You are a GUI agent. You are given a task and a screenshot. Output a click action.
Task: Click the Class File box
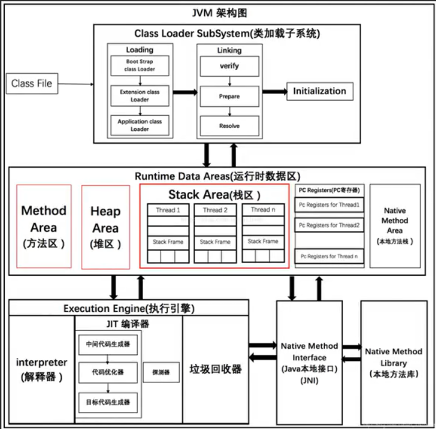click(32, 83)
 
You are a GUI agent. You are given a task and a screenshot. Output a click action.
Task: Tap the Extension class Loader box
click(139, 95)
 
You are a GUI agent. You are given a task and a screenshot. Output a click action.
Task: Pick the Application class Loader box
click(139, 125)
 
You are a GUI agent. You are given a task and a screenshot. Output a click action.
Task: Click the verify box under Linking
click(229, 66)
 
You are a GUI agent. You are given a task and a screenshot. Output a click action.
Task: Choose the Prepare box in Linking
click(229, 96)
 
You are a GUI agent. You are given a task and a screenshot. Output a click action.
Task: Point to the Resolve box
click(229, 126)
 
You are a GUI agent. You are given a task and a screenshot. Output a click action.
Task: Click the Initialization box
click(319, 91)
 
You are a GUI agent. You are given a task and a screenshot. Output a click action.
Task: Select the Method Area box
click(43, 226)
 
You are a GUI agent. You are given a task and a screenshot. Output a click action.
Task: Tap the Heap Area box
click(106, 226)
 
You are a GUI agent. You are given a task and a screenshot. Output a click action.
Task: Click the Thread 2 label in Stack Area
click(215, 210)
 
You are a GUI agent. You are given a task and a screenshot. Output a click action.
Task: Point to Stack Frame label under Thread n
click(263, 241)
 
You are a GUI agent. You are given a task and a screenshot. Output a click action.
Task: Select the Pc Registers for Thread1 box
click(330, 205)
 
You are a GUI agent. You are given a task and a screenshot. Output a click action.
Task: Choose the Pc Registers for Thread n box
click(330, 256)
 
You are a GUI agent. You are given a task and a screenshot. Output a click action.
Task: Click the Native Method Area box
click(394, 226)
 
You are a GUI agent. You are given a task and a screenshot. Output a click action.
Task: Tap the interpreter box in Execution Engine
click(42, 368)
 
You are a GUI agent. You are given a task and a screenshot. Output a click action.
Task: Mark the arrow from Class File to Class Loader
click(75, 84)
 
